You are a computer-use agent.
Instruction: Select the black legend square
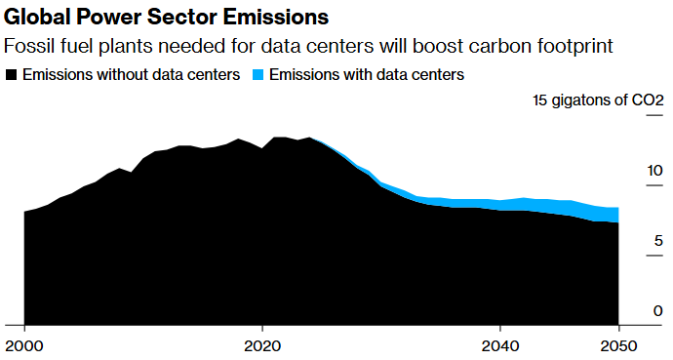click(x=12, y=74)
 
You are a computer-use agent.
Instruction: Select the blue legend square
click(x=258, y=74)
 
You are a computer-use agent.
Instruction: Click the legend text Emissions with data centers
click(x=366, y=74)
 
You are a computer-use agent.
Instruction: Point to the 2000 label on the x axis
click(x=24, y=345)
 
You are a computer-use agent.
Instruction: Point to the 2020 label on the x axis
click(x=261, y=345)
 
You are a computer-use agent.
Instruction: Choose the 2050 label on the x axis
click(x=618, y=345)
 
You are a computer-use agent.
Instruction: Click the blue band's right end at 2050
click(x=617, y=215)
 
